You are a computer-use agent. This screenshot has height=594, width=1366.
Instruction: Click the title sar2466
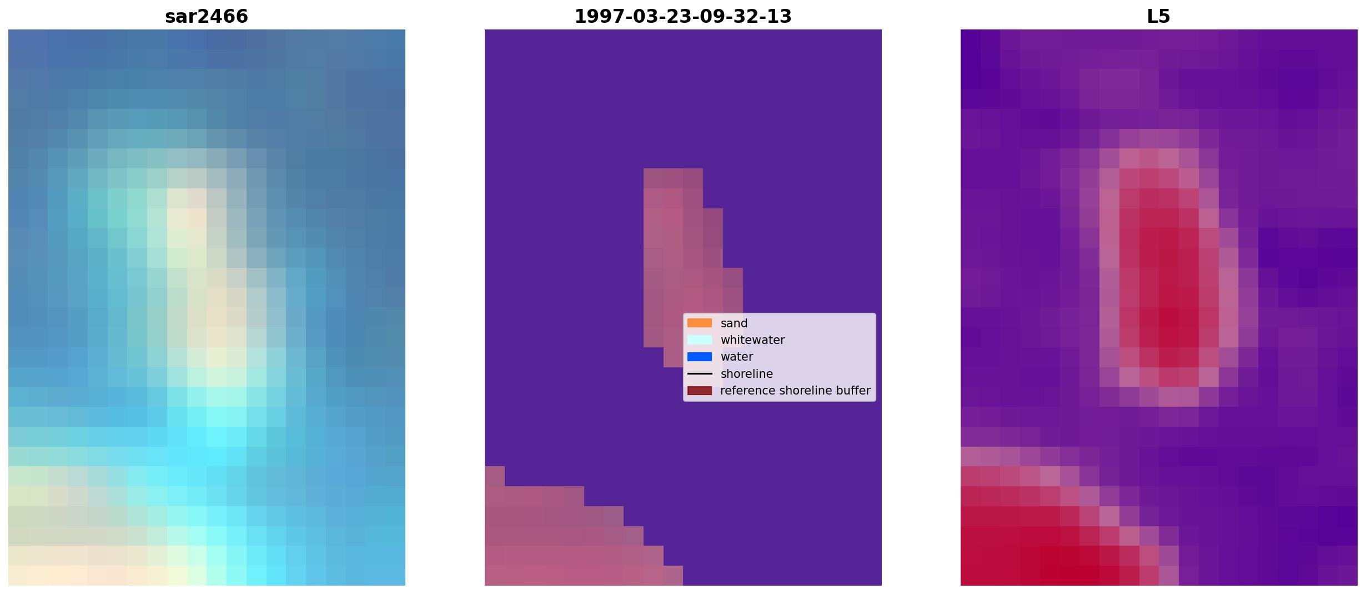(x=207, y=17)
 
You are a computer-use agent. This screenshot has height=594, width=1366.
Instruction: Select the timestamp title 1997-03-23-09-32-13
(x=683, y=17)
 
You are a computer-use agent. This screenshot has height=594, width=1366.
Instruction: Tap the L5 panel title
(x=1159, y=17)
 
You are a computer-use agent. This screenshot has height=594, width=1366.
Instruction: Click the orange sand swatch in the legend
(x=700, y=323)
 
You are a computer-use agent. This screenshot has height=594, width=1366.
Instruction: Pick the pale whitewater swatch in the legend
(x=700, y=340)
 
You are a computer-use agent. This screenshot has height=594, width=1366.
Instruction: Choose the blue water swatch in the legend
(x=700, y=357)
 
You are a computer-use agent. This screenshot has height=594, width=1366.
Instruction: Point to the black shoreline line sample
(x=700, y=373)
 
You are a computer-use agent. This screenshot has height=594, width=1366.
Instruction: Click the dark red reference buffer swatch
(x=700, y=391)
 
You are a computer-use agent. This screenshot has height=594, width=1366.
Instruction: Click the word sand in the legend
(x=734, y=323)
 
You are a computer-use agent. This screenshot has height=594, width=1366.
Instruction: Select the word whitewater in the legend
(x=752, y=340)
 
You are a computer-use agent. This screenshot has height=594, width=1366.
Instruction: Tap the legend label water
(x=737, y=357)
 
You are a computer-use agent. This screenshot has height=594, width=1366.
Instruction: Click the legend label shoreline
(x=747, y=374)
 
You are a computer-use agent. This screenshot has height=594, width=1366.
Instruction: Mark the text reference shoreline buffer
(x=795, y=391)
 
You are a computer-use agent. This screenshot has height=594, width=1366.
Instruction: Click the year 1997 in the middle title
(x=595, y=17)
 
